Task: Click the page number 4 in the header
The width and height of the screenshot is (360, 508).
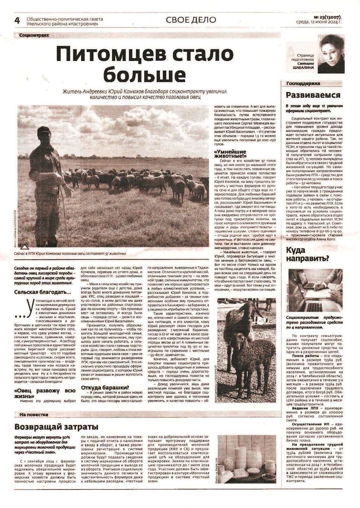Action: [17, 20]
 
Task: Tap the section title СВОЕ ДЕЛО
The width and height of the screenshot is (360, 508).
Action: [191, 20]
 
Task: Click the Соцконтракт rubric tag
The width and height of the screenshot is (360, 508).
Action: [34, 35]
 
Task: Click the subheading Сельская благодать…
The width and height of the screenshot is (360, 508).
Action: [43, 292]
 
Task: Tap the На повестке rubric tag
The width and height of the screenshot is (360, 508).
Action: [34, 414]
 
